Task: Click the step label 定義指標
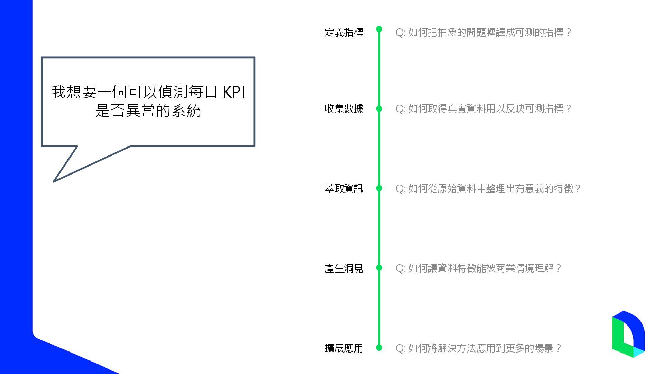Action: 344,33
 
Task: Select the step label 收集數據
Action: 344,109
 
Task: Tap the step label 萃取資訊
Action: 344,188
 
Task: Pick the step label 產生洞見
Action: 344,268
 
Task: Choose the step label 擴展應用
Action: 344,348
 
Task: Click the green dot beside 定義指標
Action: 379,29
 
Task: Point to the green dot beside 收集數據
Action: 379,109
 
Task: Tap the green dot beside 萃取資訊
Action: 379,188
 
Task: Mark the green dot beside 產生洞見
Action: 379,268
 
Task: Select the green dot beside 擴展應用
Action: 379,347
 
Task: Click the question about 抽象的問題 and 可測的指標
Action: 483,33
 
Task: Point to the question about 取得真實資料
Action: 483,109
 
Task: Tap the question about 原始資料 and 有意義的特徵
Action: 488,188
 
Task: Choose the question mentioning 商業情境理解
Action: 478,268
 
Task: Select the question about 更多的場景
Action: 478,348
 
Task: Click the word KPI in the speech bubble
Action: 234,92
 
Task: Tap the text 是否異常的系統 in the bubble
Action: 148,111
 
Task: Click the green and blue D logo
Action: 628,334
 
